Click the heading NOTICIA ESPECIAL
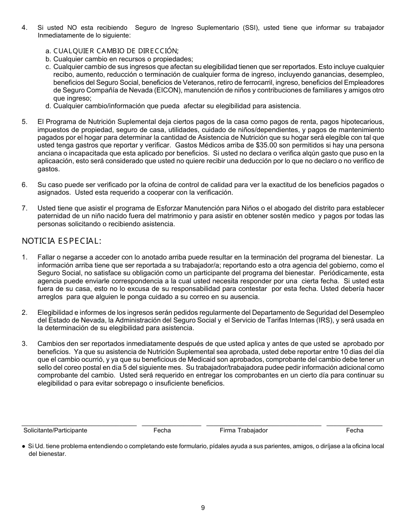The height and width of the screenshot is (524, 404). click(x=62, y=241)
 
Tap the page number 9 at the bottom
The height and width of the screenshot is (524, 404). click(x=203, y=507)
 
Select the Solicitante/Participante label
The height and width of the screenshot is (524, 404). click(x=55, y=430)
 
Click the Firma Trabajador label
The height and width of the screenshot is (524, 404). click(x=244, y=430)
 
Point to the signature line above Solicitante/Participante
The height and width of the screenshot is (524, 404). click(x=79, y=425)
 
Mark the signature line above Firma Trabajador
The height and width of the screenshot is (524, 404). click(x=264, y=425)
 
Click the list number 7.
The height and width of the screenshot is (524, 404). click(x=24, y=208)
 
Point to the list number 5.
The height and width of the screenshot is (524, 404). click(x=24, y=122)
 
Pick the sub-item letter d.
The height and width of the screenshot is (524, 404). click(x=48, y=106)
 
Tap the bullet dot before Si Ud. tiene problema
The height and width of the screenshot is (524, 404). click(x=23, y=446)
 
